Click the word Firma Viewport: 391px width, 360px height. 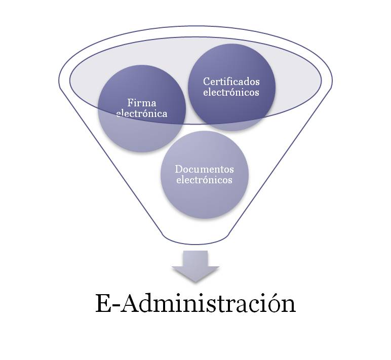click(142, 103)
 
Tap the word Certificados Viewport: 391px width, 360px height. click(231, 82)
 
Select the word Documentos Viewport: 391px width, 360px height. click(204, 169)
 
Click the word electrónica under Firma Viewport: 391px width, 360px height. click(142, 113)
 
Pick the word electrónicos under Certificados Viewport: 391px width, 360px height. click(231, 92)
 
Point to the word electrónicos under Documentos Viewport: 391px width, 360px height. click(204, 180)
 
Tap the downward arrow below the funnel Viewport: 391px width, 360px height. click(195, 266)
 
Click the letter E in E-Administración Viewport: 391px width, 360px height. click(103, 303)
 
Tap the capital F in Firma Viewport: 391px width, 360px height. click(131, 103)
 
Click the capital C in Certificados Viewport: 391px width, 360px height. click(207, 82)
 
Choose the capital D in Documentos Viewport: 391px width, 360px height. click(179, 169)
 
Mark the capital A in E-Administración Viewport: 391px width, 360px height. click(130, 303)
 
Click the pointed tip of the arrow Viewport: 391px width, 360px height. click(195, 282)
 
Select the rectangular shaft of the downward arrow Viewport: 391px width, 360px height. click(195, 259)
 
